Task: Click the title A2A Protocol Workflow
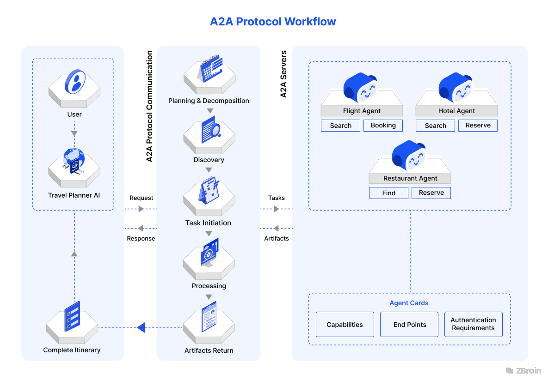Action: click(273, 21)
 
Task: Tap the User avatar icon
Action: click(75, 81)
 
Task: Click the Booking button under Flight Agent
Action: click(383, 126)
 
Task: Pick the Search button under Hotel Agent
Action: click(435, 126)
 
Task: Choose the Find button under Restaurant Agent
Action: click(388, 193)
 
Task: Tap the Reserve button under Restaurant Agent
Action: click(431, 193)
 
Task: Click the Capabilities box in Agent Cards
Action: click(345, 325)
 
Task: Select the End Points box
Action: click(409, 325)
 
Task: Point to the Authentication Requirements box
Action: click(473, 324)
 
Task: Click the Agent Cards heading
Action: click(409, 303)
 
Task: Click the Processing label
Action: click(209, 286)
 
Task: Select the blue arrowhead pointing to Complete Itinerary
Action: click(141, 328)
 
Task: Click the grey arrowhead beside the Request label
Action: click(141, 209)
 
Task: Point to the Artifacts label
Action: click(277, 239)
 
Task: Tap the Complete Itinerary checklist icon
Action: click(72, 316)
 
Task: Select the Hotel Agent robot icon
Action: click(456, 88)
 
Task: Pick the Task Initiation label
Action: click(208, 223)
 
